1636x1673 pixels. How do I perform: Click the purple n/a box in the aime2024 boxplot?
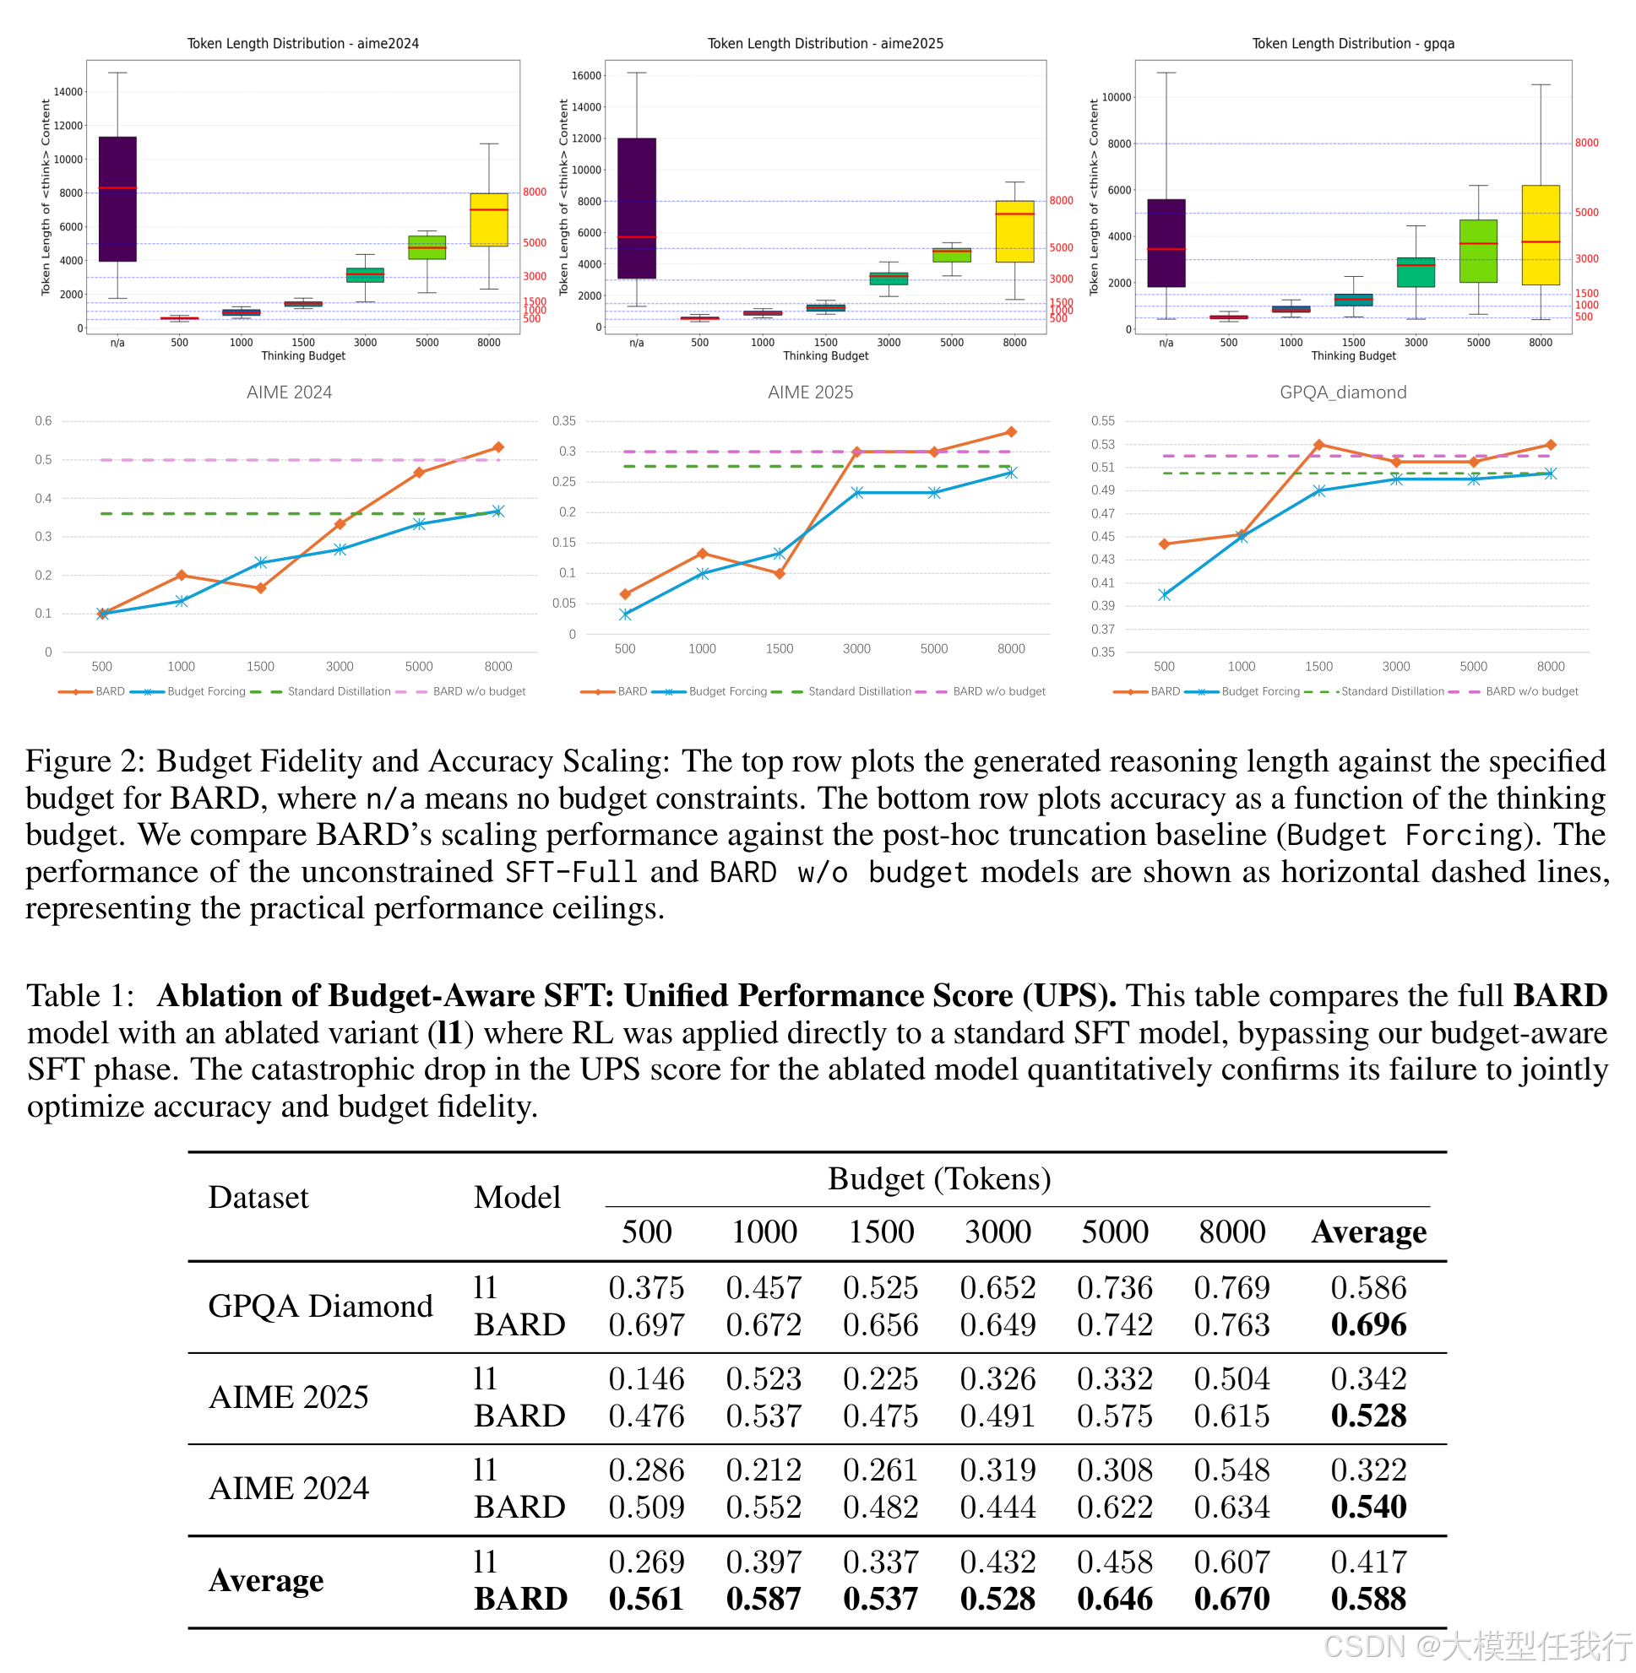(x=117, y=198)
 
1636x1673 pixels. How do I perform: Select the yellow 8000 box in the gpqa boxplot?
(x=1540, y=235)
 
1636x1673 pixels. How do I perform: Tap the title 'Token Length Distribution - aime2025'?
(x=825, y=43)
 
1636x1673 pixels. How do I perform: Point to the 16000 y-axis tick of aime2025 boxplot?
(x=586, y=76)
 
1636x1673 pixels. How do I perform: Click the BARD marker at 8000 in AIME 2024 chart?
(x=498, y=447)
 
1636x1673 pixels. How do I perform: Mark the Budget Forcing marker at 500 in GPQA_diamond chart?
(x=1164, y=595)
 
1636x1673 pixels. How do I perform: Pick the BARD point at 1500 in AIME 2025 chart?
(x=780, y=574)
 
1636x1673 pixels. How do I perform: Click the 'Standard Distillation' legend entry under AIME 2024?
(x=339, y=691)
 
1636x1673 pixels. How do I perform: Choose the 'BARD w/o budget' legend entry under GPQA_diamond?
(x=1531, y=691)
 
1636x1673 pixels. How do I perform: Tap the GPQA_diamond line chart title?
(x=1343, y=393)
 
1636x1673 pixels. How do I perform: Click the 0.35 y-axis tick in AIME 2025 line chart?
(x=563, y=421)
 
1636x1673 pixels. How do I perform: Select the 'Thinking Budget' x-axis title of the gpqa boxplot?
(x=1353, y=355)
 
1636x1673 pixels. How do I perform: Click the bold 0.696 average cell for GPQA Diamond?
(x=1368, y=1324)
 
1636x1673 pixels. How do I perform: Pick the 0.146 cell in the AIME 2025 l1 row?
(x=646, y=1379)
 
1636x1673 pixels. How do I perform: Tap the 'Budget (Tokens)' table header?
(x=939, y=1179)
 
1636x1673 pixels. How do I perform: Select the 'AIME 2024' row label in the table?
(x=289, y=1488)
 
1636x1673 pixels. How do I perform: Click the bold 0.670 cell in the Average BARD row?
(x=1231, y=1598)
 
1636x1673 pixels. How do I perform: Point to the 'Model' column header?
(x=516, y=1197)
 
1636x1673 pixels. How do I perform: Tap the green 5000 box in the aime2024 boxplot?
(x=427, y=247)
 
